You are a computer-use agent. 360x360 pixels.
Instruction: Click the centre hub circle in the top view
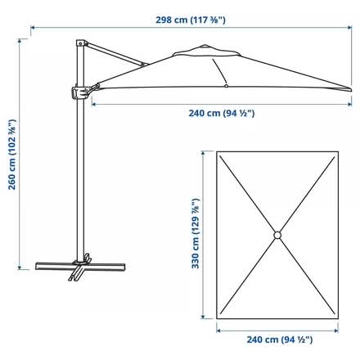pos(277,235)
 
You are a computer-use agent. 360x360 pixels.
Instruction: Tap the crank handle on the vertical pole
pos(83,92)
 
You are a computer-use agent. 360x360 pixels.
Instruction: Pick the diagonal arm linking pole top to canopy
pos(115,53)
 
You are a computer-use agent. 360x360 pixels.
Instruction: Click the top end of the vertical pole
pos(80,40)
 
